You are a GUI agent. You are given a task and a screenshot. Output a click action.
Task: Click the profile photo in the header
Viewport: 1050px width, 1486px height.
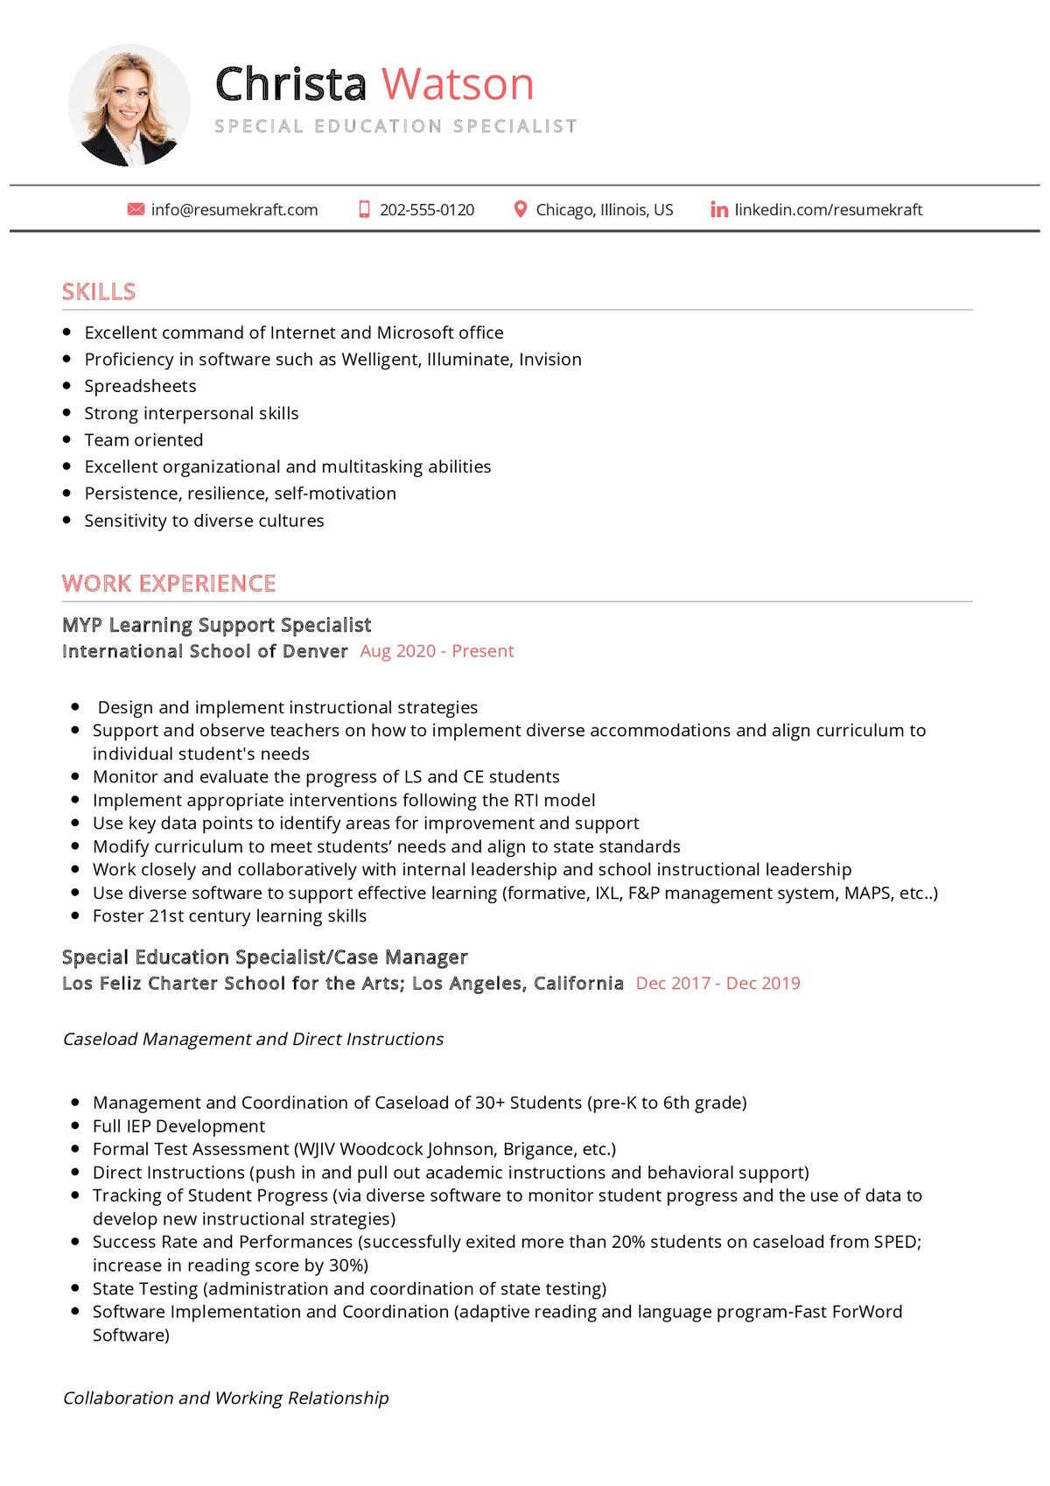(129, 106)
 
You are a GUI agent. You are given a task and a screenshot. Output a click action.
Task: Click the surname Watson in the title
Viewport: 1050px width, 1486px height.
(458, 85)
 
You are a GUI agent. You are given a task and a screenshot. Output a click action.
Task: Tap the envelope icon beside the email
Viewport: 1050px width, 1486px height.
(136, 210)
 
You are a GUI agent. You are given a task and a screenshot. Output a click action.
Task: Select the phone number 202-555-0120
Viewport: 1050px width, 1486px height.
(427, 210)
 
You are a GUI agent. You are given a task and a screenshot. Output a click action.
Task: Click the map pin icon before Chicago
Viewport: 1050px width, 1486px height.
(520, 210)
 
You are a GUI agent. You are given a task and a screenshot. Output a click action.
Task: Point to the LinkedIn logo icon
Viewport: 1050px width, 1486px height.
(719, 210)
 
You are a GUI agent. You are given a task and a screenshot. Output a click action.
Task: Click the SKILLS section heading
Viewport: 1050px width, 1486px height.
(99, 291)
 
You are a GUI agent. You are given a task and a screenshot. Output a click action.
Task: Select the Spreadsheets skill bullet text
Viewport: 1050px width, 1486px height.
(140, 386)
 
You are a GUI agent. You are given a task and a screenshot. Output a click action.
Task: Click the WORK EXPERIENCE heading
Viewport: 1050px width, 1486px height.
(169, 583)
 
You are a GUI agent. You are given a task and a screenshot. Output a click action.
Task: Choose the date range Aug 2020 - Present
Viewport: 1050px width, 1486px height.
(437, 651)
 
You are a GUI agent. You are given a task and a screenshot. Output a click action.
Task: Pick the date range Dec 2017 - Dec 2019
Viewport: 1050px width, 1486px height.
(717, 983)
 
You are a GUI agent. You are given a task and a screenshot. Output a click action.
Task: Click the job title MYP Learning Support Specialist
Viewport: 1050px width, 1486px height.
(217, 625)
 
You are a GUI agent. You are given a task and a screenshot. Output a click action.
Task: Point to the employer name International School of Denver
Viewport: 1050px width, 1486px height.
(205, 651)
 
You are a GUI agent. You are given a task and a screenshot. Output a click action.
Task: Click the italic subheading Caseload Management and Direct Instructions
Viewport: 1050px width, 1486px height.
(254, 1039)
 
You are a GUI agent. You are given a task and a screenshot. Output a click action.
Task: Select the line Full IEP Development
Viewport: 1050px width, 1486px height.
(178, 1126)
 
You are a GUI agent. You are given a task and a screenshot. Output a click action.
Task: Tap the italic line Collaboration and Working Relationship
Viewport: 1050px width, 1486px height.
(226, 1398)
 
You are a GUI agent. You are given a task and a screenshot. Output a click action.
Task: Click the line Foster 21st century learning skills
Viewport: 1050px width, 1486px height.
(229, 916)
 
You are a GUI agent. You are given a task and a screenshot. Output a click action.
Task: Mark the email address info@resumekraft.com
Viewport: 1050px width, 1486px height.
(234, 210)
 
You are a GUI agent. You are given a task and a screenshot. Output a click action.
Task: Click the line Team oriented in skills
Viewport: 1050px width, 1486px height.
(143, 440)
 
